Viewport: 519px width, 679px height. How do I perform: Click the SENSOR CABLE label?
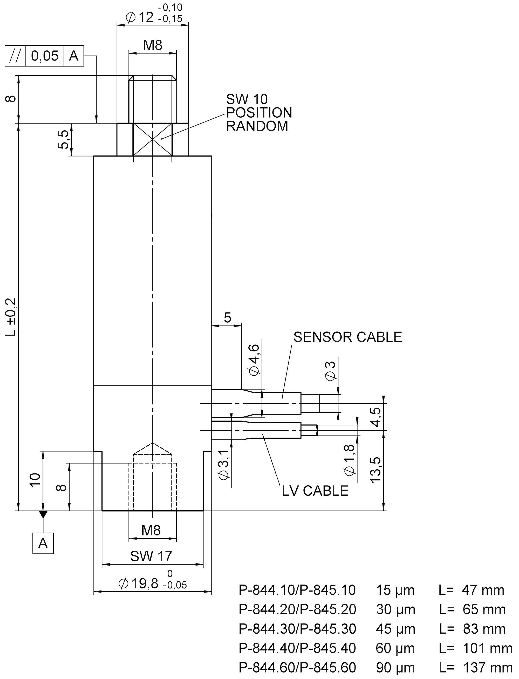click(x=347, y=337)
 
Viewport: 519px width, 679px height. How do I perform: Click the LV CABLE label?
click(x=315, y=491)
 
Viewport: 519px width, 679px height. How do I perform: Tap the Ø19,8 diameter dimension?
click(x=139, y=583)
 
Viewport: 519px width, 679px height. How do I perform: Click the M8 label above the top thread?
click(x=153, y=45)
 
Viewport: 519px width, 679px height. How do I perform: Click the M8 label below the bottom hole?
click(x=151, y=531)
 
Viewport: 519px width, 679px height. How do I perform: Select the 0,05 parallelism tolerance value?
click(x=45, y=56)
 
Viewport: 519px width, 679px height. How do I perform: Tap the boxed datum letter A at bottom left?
click(x=43, y=543)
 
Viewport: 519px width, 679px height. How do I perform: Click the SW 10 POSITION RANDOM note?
click(x=259, y=113)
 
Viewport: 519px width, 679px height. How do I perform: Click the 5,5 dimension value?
click(x=63, y=140)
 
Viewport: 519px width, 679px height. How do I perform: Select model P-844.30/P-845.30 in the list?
click(x=297, y=629)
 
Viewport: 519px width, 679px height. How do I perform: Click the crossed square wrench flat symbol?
click(x=153, y=140)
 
